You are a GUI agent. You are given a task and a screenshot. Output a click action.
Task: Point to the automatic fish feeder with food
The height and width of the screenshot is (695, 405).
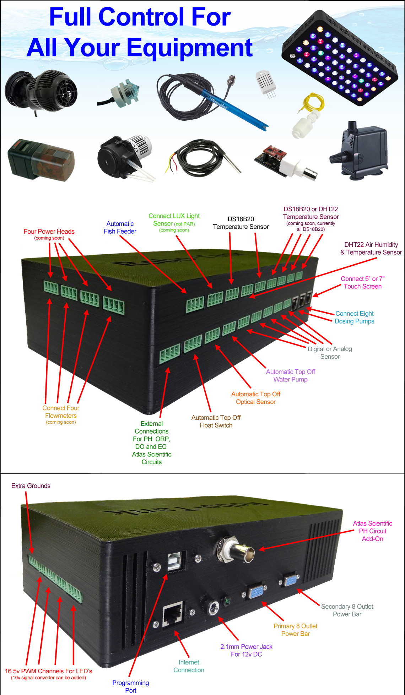[x=41, y=160]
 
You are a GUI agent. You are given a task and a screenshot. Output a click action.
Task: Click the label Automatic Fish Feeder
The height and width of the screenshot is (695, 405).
[x=120, y=227]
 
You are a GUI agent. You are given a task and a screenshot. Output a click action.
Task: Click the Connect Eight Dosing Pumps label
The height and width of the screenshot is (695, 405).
[x=354, y=317]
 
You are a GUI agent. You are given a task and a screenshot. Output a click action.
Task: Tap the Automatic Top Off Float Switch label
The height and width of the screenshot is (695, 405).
[x=216, y=421]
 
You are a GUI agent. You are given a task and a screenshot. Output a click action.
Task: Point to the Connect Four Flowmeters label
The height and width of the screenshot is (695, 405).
[x=61, y=412]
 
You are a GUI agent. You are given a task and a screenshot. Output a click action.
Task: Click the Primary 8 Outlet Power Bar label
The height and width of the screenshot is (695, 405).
[x=296, y=630]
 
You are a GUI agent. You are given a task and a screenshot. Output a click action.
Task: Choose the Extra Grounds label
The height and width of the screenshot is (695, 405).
[x=31, y=486]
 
